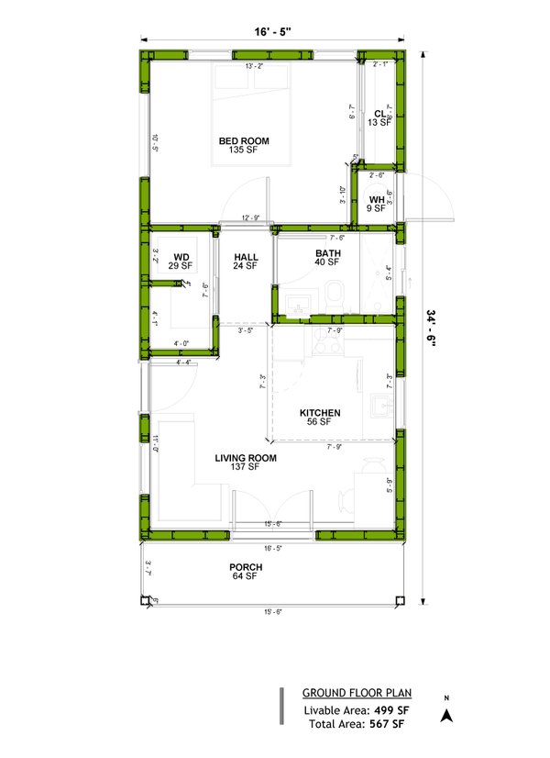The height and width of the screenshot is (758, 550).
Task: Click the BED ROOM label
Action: [x=243, y=140]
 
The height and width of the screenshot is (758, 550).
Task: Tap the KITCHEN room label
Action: [x=320, y=413]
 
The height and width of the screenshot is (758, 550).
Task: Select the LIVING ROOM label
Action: [x=245, y=457]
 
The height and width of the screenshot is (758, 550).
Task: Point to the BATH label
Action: [x=327, y=253]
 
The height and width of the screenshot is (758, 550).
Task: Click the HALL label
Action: [x=246, y=258]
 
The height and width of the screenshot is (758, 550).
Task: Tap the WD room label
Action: [x=181, y=257]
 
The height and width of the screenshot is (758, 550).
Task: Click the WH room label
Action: [x=377, y=200]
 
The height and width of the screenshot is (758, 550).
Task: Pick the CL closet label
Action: [x=379, y=114]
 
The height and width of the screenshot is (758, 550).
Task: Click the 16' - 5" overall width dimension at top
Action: [x=272, y=32]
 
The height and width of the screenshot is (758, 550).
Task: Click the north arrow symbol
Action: [x=446, y=717]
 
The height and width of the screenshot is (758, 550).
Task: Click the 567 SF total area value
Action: [x=384, y=724]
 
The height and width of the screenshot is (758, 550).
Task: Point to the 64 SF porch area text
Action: [x=245, y=577]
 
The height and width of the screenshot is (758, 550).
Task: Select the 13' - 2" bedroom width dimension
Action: [x=255, y=66]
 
